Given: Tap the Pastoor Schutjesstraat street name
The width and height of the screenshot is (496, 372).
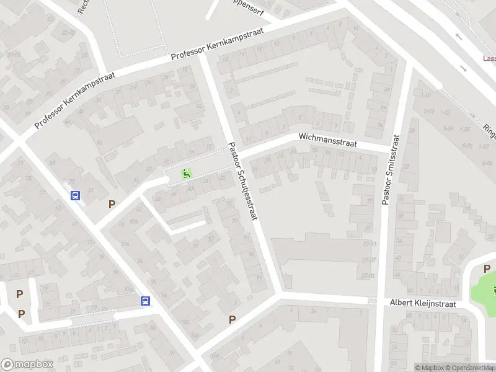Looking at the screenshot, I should click(x=243, y=184).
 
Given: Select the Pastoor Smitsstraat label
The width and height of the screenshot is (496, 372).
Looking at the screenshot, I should click(x=391, y=170).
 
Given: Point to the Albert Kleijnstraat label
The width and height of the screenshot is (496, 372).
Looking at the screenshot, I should click(x=423, y=304).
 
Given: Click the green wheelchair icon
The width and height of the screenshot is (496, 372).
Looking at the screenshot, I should click(x=185, y=174).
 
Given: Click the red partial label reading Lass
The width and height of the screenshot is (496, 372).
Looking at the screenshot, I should click(x=489, y=59).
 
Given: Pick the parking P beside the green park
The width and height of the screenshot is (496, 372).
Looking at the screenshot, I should click(x=487, y=269).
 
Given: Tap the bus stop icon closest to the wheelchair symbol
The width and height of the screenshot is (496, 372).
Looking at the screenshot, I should click(x=76, y=196).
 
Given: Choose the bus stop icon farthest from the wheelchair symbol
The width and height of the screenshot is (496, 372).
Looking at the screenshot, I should click(x=145, y=301).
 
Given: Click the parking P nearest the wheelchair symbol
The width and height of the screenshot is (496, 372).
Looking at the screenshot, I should click(x=112, y=204).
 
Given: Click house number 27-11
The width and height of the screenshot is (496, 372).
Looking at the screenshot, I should click(x=370, y=244).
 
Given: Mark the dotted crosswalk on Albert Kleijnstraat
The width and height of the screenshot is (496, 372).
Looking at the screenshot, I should click(x=372, y=300).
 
